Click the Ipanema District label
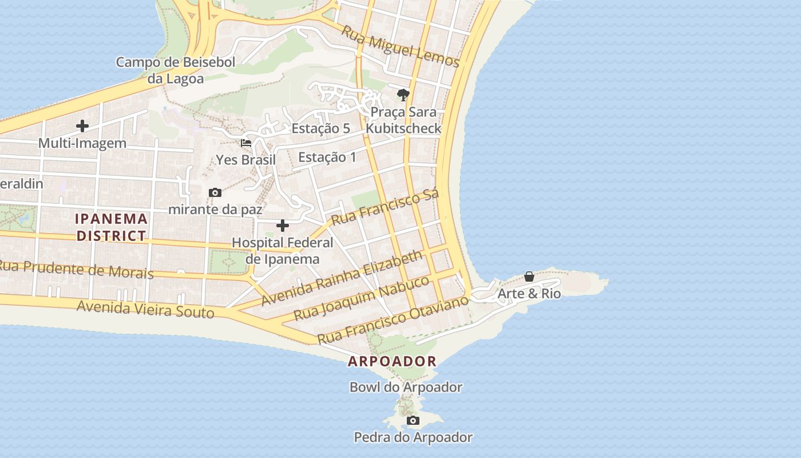(x=112, y=227)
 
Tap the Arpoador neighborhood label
(x=392, y=361)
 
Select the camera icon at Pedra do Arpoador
(x=413, y=421)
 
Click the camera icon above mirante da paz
(x=215, y=192)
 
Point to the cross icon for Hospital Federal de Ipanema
(x=283, y=226)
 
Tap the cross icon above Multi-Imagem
(x=82, y=126)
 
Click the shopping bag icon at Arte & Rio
(x=529, y=277)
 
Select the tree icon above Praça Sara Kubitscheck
(x=403, y=95)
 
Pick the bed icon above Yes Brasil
(x=246, y=143)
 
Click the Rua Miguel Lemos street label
(x=400, y=46)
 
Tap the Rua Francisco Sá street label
(x=385, y=207)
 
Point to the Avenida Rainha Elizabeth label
(x=342, y=278)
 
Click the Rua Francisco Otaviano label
(x=392, y=320)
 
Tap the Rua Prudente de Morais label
(x=76, y=269)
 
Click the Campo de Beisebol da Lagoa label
(x=176, y=70)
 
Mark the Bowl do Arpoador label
(x=406, y=387)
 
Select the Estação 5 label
(x=320, y=128)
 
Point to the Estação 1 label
(x=327, y=157)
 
